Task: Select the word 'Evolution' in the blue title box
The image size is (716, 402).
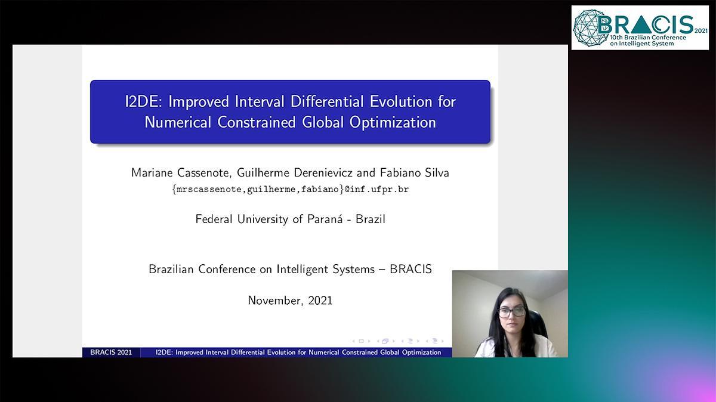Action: (x=401, y=102)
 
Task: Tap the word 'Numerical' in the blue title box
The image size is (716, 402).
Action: (x=178, y=122)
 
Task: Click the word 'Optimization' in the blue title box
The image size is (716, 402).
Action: (x=393, y=123)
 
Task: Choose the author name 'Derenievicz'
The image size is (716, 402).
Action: (x=323, y=173)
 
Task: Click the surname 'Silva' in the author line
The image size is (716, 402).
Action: (x=437, y=173)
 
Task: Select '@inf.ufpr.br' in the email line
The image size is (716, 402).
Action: (x=376, y=190)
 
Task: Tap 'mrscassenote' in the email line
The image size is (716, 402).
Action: (x=209, y=190)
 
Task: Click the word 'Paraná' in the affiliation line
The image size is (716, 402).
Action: (x=325, y=219)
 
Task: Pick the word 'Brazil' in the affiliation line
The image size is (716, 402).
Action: (x=371, y=219)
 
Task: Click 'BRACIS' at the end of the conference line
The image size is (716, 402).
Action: (x=411, y=269)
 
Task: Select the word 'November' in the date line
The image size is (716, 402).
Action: (x=276, y=301)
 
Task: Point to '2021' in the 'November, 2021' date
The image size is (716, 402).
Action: (x=320, y=301)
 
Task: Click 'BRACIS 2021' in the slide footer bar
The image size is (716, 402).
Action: (x=111, y=352)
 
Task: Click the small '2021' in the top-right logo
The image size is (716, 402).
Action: (x=701, y=31)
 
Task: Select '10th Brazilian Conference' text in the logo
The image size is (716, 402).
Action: (x=648, y=38)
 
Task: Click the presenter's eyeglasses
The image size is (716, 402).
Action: (x=511, y=312)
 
